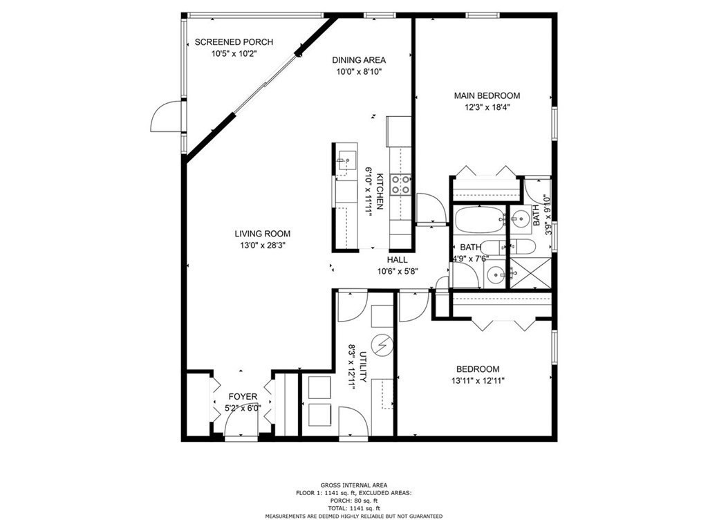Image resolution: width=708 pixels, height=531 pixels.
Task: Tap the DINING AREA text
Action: pos(359,60)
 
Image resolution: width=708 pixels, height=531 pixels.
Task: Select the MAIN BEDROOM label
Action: pos(487,96)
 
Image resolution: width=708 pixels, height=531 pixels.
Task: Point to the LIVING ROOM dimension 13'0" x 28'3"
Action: pos(262,245)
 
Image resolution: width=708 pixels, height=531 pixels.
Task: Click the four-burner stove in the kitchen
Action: pos(401,185)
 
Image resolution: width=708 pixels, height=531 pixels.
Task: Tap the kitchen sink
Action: pos(345,161)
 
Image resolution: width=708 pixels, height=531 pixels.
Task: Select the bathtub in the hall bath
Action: pos(478,221)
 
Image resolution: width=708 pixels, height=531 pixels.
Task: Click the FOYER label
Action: pos(243,397)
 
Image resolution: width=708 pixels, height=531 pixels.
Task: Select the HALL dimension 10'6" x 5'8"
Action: pos(397,271)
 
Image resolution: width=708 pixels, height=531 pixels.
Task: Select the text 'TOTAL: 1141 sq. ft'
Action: pos(353,508)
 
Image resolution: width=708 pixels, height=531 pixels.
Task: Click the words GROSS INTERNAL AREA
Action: pos(353,485)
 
